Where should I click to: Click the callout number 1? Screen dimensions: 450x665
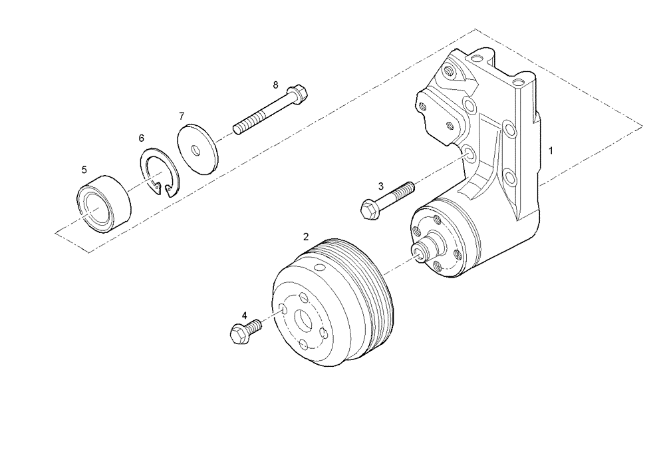coord(551,152)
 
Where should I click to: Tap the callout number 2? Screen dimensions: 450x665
coord(306,236)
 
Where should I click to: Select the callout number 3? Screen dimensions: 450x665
coord(380,186)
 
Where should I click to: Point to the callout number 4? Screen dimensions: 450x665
coord(244,315)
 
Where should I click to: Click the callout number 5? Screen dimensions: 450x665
coord(84,170)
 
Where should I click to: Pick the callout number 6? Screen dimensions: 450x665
coord(141,138)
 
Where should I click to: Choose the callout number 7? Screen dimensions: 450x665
coord(181,116)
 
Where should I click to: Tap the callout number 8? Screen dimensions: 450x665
coord(275,85)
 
